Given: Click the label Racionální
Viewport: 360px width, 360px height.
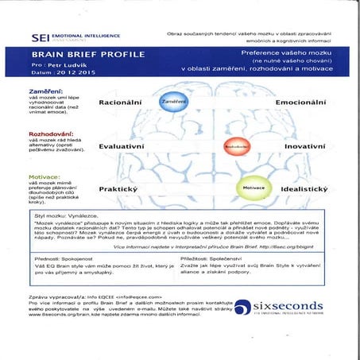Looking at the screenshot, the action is point(125,103).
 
